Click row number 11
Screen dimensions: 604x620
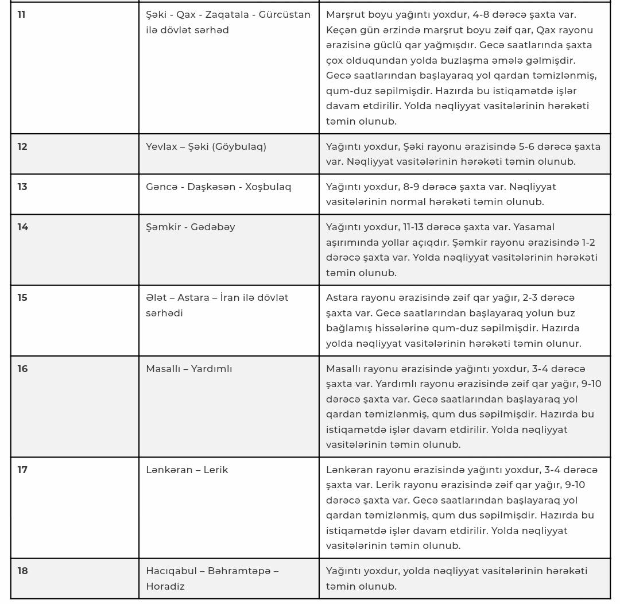[22, 15]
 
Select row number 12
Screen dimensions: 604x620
[22, 147]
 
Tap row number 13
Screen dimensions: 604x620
[22, 187]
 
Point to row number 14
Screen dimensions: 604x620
[22, 227]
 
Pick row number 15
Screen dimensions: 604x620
[22, 298]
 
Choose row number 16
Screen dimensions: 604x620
[22, 369]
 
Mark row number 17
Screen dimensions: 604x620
[22, 470]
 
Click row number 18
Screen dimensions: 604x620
[22, 571]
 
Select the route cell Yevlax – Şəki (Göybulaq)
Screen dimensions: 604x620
[206, 147]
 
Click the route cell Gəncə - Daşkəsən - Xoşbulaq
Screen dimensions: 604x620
[218, 187]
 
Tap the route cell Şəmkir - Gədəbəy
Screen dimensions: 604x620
[191, 227]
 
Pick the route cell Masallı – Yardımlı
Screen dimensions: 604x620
[189, 369]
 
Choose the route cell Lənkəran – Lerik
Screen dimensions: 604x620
[187, 470]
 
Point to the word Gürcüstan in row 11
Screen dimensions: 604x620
[285, 15]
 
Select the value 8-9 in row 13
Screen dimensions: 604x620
[412, 187]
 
